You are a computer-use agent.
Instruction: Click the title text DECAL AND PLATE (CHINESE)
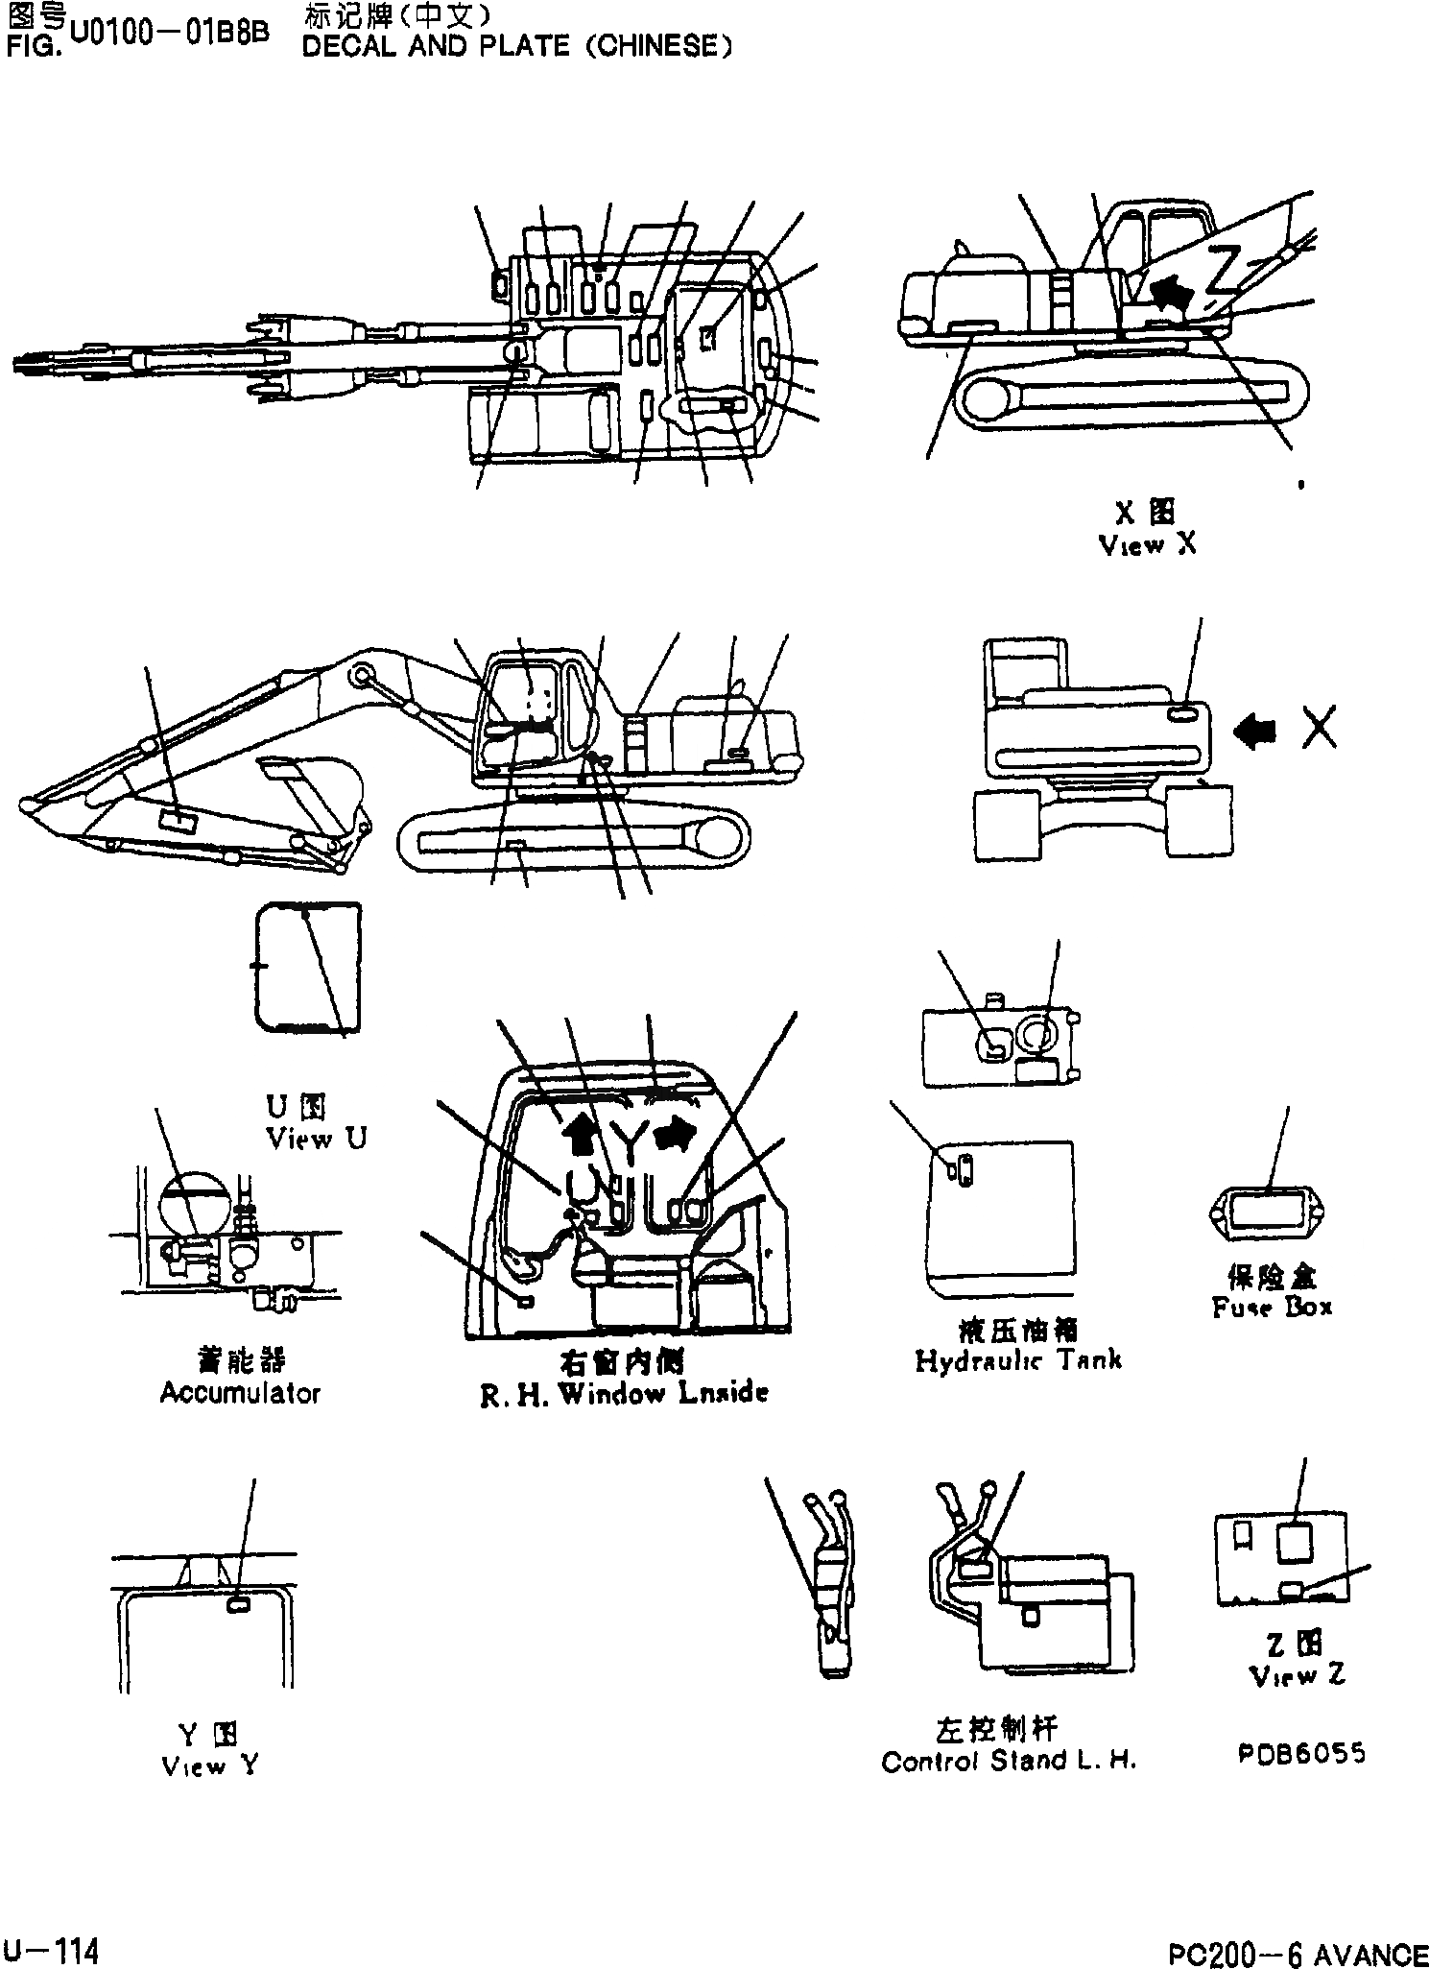coord(516,46)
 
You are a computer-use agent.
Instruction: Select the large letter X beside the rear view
coord(1321,731)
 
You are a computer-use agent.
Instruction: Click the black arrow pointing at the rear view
coord(1256,732)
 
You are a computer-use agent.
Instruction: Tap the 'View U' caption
coord(317,1140)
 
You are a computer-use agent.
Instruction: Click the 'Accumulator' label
coord(240,1393)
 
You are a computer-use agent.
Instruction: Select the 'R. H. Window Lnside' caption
coord(624,1394)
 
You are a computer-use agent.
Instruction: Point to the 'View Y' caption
coord(209,1765)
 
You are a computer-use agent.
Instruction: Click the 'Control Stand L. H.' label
coord(1009,1762)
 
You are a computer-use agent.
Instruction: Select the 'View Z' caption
coord(1298,1675)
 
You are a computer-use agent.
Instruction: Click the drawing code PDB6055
coord(1301,1754)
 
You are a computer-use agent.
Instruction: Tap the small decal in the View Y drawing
coord(238,1603)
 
